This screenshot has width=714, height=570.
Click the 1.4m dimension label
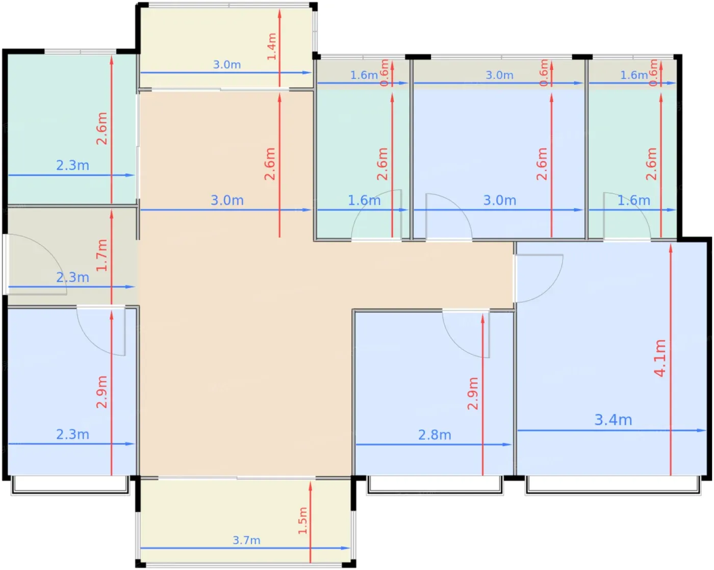point(271,46)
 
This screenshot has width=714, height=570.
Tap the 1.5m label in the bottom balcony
point(302,521)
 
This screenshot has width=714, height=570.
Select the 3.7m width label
point(246,540)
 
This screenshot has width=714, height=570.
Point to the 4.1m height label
point(659,358)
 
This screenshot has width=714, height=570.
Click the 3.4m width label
point(613,420)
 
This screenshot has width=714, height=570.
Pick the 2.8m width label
point(435,434)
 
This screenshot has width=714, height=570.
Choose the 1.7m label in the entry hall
point(101,255)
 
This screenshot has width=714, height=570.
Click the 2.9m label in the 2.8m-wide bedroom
point(472,393)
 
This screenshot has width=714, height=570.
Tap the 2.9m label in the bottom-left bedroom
point(101,392)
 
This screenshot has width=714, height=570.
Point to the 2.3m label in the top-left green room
point(72,165)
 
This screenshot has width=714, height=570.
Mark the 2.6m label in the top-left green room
point(101,128)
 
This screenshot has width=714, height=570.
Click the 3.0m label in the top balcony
point(227,64)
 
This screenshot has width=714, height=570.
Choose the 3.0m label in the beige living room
point(227,200)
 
